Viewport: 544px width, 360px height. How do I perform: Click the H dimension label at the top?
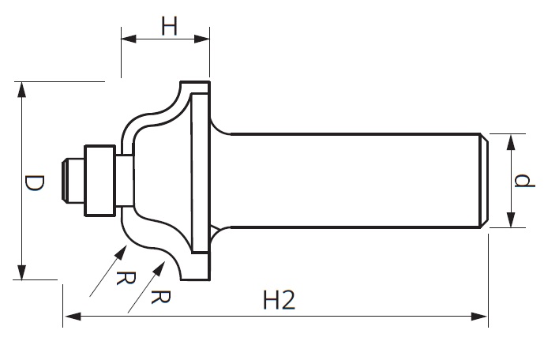pyautogui.click(x=169, y=26)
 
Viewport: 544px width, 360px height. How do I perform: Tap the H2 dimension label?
pyautogui.click(x=279, y=300)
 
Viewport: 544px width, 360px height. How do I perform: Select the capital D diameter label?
pyautogui.click(x=35, y=183)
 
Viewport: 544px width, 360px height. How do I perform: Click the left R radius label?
pyautogui.click(x=126, y=278)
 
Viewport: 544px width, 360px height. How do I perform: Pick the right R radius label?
pyautogui.click(x=161, y=297)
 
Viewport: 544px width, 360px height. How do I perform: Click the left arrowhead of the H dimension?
pyautogui.click(x=129, y=39)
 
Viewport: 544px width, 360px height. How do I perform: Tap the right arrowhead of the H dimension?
pyautogui.click(x=202, y=39)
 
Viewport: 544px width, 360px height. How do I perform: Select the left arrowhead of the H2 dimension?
pyautogui.click(x=73, y=317)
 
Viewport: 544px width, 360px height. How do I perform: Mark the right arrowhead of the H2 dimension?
pyautogui.click(x=478, y=317)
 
